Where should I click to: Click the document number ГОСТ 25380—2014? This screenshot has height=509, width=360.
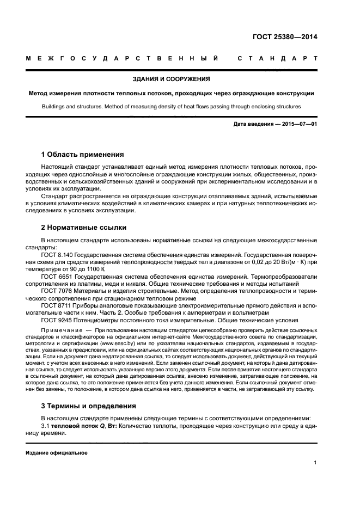[285, 38]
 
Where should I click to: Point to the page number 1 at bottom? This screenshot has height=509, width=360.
[315, 463]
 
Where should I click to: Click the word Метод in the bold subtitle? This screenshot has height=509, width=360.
[39, 93]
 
